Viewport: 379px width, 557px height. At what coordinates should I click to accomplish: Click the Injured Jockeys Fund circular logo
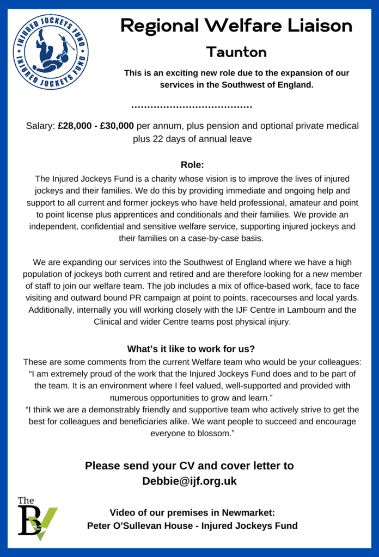tap(51, 52)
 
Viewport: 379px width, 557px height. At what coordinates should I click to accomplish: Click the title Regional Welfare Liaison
tap(236, 25)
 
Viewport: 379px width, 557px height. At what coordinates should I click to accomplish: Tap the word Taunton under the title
tap(236, 52)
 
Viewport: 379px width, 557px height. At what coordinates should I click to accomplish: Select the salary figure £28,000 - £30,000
tap(96, 126)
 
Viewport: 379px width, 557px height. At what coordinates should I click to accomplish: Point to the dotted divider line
tap(192, 106)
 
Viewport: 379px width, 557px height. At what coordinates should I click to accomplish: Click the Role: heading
tap(192, 165)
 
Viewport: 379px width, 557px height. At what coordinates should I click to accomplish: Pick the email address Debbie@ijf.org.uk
tap(189, 481)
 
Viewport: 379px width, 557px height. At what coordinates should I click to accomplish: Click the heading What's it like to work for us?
tap(192, 349)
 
